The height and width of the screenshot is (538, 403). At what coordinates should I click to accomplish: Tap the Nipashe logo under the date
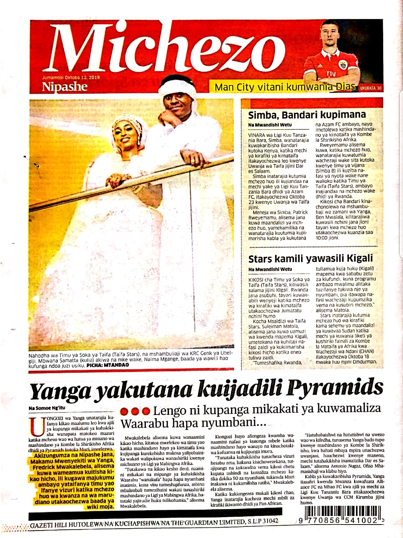click(x=65, y=87)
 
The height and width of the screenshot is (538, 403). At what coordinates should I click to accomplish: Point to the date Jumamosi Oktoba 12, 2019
click(x=71, y=78)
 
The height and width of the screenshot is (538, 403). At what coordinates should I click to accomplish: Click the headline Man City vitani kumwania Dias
click(x=284, y=87)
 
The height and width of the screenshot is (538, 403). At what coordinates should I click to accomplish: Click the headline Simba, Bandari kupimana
click(x=307, y=115)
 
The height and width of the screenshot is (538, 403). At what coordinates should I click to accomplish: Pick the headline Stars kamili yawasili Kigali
click(x=310, y=259)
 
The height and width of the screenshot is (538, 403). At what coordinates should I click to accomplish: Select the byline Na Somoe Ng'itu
click(x=47, y=408)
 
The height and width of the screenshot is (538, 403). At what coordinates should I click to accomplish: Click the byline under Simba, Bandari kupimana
click(x=270, y=125)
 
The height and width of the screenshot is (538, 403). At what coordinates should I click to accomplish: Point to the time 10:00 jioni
click(x=327, y=238)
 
